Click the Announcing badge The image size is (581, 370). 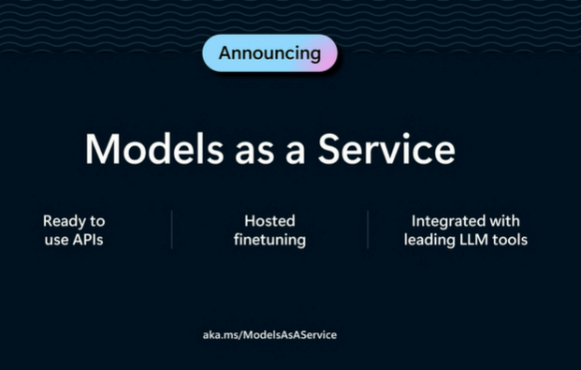coord(269,53)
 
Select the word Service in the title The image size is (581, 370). coord(386,150)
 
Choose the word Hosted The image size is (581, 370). coord(269,221)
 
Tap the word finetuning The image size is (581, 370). coord(269,241)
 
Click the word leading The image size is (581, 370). coord(429,241)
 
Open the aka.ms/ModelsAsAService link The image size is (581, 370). coord(269,334)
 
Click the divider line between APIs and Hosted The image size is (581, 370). coord(172,229)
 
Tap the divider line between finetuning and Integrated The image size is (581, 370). coord(368,229)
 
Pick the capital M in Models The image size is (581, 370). coord(101,150)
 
